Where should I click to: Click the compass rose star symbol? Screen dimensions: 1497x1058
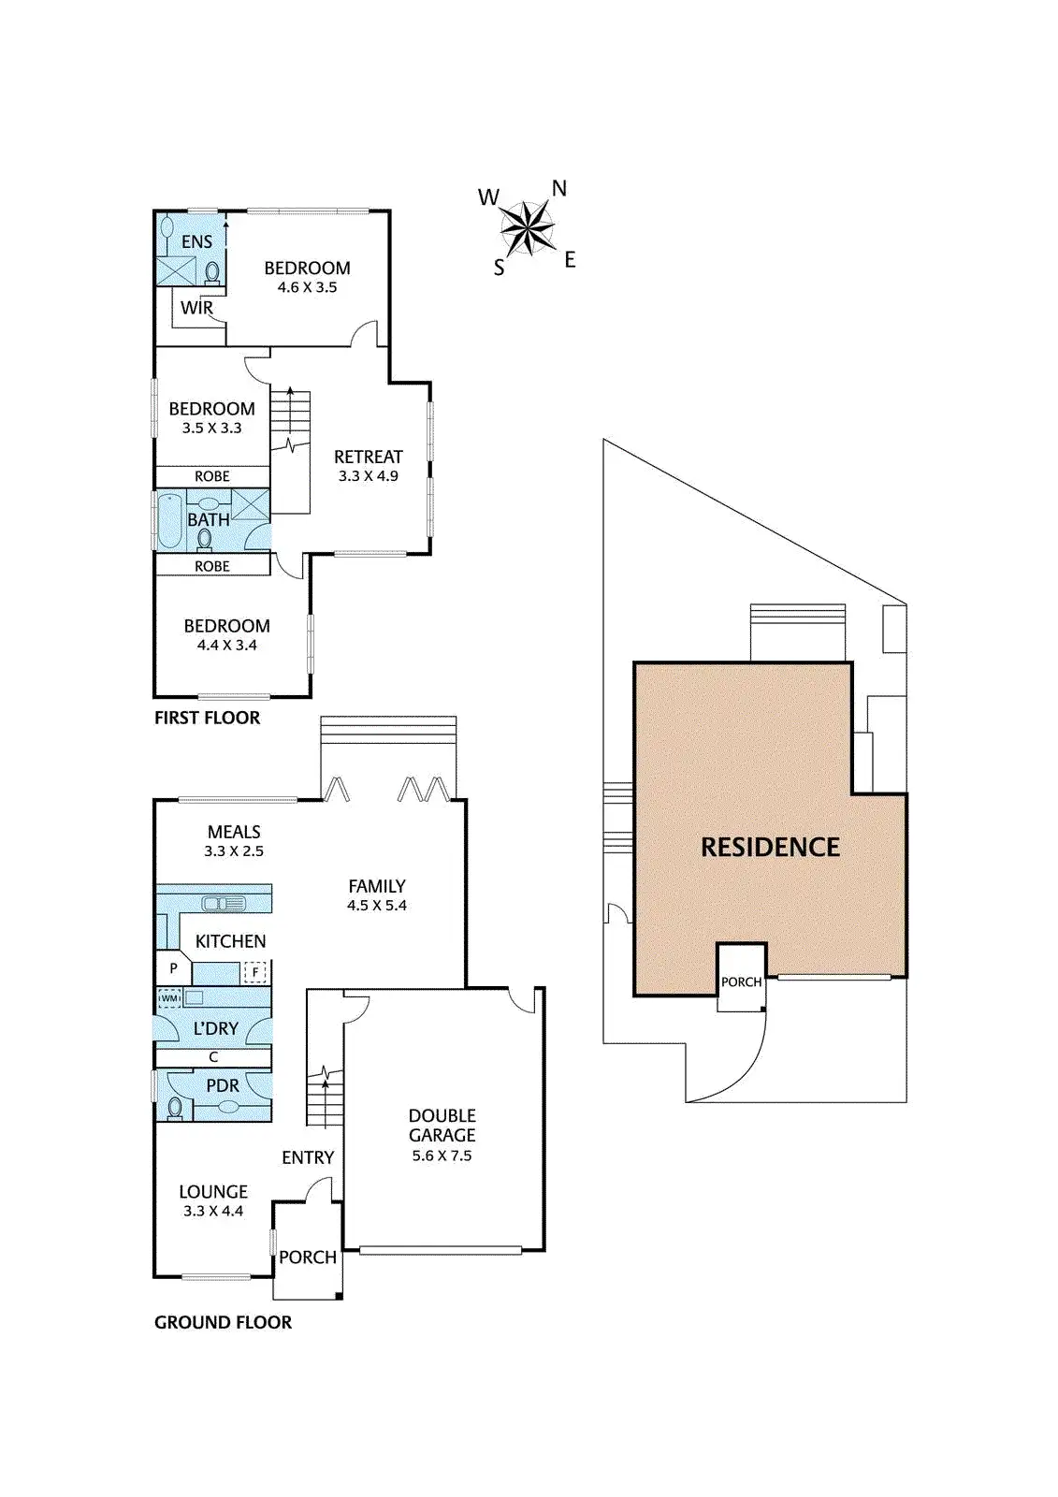tap(528, 227)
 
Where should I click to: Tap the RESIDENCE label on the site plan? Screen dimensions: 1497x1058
tap(770, 848)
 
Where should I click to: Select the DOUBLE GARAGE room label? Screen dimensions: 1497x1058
tap(442, 1125)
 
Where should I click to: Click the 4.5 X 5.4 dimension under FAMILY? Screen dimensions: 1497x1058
tap(377, 906)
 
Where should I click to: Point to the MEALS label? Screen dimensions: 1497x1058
tap(234, 832)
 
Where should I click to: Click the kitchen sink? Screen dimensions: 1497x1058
tap(225, 903)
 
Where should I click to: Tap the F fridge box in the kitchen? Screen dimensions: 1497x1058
tap(255, 972)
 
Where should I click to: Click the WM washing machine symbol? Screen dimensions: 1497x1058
tap(169, 998)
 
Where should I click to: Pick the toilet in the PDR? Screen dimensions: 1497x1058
tap(175, 1108)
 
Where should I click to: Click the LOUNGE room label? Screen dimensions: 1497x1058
tap(213, 1192)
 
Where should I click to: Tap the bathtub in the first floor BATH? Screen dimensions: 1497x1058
tap(170, 520)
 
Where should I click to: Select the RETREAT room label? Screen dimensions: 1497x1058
tap(368, 457)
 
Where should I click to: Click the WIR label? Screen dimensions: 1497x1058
tap(196, 308)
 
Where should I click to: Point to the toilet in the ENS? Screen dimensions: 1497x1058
tap(212, 271)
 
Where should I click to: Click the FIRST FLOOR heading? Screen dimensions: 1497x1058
tap(207, 718)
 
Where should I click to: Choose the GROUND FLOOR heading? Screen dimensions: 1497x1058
tap(223, 1322)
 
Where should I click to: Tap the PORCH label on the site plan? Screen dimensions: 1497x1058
tap(741, 982)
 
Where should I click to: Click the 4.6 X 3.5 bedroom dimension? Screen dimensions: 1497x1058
tap(307, 287)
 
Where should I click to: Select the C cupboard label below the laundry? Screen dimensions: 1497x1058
tap(213, 1057)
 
